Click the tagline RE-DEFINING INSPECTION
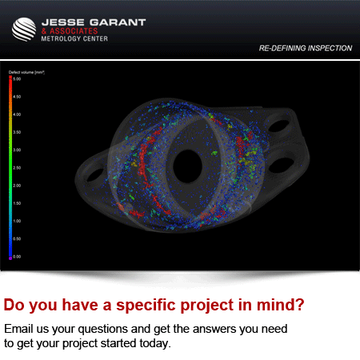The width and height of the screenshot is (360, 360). (305, 48)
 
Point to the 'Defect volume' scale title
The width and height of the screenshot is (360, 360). (26, 72)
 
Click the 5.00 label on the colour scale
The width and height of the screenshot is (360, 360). (17, 79)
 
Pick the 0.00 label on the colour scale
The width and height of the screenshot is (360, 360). (17, 257)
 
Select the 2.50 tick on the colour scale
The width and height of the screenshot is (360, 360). (17, 168)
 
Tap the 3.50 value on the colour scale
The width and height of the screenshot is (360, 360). (17, 132)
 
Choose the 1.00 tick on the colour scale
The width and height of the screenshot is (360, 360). (17, 221)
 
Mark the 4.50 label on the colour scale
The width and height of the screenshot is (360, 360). (17, 97)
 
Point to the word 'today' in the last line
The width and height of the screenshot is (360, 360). (154, 343)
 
